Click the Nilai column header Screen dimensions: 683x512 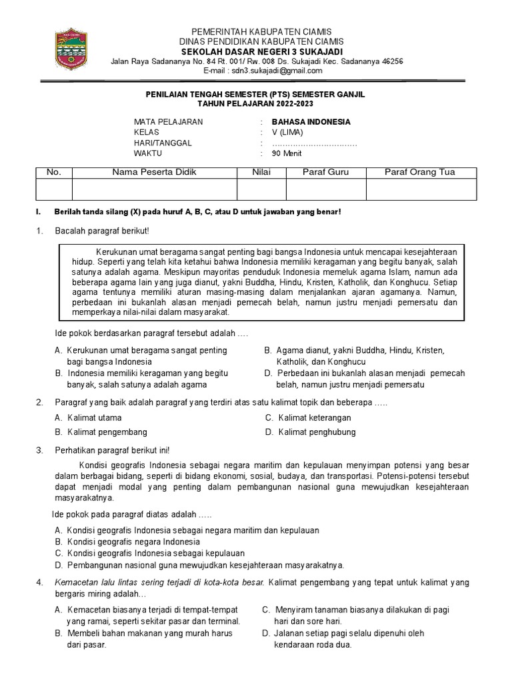[261, 173]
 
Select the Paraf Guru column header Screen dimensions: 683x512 [325, 173]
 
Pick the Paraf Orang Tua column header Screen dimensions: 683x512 [420, 173]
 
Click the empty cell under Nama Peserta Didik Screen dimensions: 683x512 [155, 189]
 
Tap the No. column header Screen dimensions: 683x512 [53, 173]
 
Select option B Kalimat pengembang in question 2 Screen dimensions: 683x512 [101, 432]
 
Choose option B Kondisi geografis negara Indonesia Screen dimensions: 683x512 [127, 542]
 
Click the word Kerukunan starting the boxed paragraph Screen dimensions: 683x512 [117, 251]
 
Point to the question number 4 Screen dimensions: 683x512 [39, 583]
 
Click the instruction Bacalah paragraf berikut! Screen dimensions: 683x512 [102, 231]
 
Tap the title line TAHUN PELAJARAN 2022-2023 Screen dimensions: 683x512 [255, 105]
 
